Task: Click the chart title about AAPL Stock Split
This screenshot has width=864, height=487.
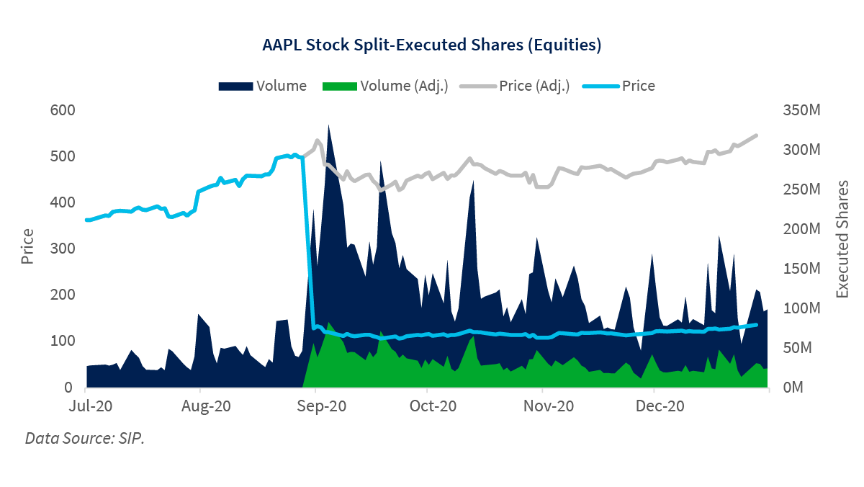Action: (x=431, y=45)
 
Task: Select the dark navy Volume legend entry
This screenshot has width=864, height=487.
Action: (x=262, y=86)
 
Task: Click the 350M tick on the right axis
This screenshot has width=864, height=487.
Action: (x=801, y=110)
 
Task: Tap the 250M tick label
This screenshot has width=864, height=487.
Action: (x=801, y=189)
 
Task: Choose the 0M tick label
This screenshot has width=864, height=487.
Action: (x=795, y=388)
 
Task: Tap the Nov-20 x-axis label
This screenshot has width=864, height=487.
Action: (x=547, y=406)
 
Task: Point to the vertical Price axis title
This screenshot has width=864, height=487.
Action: (x=28, y=246)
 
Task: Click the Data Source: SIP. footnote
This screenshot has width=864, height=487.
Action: (x=85, y=438)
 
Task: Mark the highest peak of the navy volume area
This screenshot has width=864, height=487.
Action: (x=328, y=125)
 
